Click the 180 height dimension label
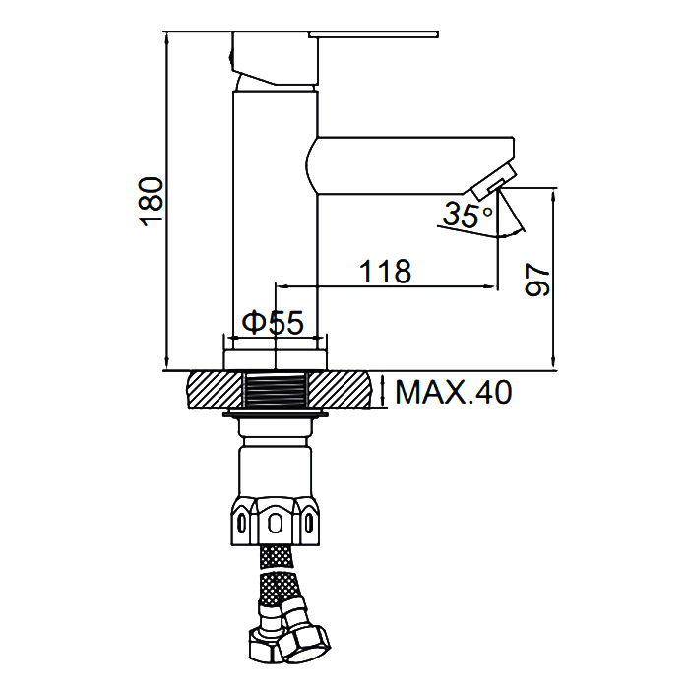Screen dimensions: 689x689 point(152,202)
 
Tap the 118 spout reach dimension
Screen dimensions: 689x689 point(386,271)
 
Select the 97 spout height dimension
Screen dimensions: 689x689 point(537,280)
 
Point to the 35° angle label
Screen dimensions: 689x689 point(468,214)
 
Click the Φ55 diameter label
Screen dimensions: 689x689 point(273,322)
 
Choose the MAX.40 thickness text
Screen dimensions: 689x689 point(454,392)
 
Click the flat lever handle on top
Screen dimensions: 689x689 point(373,34)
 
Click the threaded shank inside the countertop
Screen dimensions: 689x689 point(276,390)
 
